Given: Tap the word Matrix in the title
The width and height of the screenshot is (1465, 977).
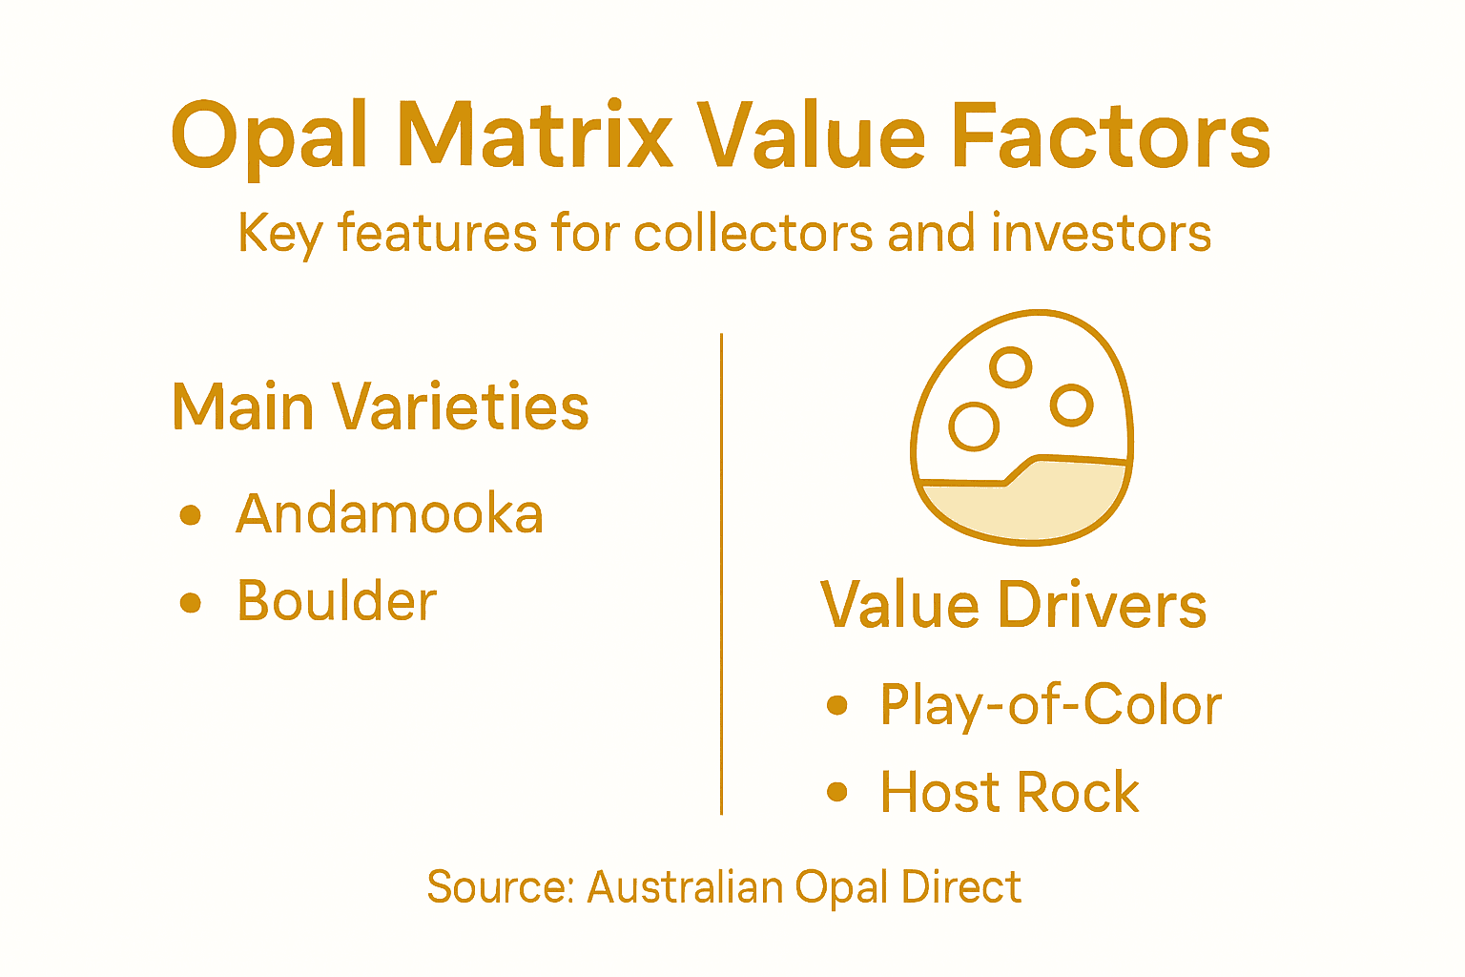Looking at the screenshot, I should (x=535, y=136).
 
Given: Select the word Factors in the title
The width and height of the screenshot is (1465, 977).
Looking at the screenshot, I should (x=1110, y=136).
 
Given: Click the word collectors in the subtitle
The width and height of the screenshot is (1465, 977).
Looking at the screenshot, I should (x=753, y=234).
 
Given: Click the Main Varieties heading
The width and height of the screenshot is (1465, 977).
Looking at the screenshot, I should (x=381, y=407).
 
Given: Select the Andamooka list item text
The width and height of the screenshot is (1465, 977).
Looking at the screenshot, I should (x=389, y=514).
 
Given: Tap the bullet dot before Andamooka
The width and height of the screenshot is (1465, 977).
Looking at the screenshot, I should (x=191, y=515).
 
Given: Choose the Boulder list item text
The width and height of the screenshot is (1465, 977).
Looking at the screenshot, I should (x=337, y=601).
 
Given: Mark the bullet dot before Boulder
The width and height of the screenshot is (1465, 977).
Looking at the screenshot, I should (x=191, y=603).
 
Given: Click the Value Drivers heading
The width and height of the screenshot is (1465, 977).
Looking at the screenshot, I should (x=1013, y=605).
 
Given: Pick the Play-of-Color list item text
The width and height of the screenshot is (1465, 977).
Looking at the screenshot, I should (x=1050, y=706).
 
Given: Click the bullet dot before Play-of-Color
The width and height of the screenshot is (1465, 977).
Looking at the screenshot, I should (x=837, y=705).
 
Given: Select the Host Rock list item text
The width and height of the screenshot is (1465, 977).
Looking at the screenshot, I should (x=1009, y=792).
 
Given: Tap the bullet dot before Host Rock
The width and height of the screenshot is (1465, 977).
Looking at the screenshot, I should (x=837, y=792).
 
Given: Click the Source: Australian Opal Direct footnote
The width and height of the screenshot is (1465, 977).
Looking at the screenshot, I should (x=724, y=887).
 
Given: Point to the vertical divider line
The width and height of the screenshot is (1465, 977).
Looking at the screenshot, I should (x=722, y=572).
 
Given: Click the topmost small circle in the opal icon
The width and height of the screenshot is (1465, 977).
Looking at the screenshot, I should (x=1011, y=366).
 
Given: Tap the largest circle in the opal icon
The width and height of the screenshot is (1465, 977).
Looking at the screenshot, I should (x=974, y=426).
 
